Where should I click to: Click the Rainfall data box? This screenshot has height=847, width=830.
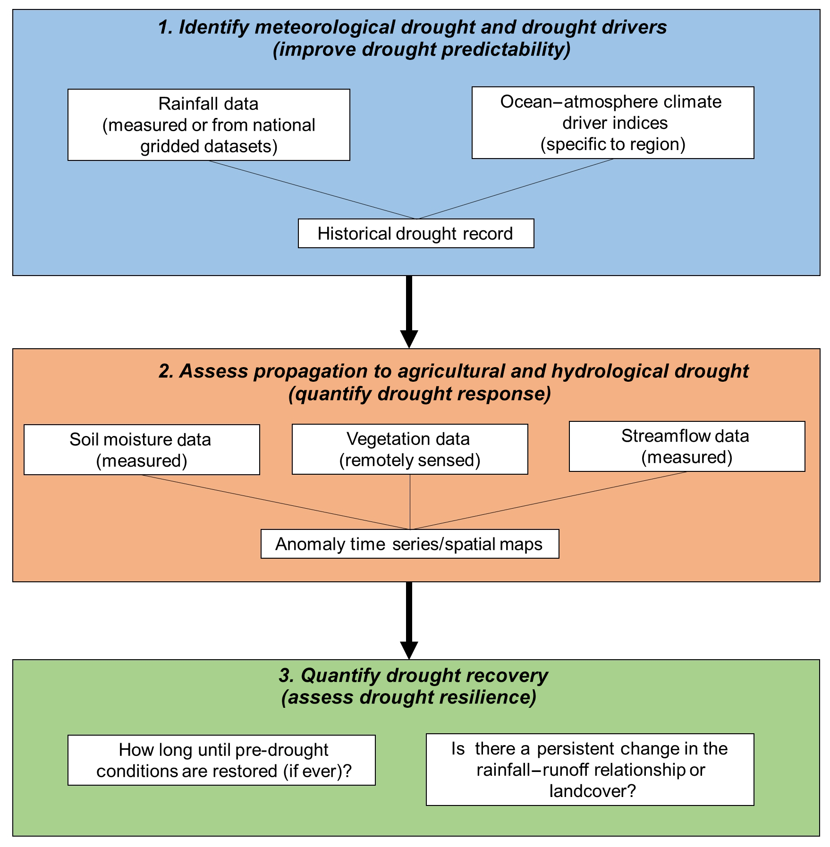click(x=209, y=125)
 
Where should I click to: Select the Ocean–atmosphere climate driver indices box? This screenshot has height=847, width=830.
click(x=612, y=123)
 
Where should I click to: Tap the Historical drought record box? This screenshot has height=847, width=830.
click(x=415, y=234)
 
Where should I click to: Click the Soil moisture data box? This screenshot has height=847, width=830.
click(x=142, y=450)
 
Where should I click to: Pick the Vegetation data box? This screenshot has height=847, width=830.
click(x=410, y=449)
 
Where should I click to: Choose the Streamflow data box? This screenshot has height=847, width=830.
click(x=686, y=446)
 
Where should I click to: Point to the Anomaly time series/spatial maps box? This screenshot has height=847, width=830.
click(x=410, y=544)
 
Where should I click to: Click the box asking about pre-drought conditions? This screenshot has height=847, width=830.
click(x=221, y=760)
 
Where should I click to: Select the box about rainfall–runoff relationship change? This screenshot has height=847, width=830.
click(x=590, y=770)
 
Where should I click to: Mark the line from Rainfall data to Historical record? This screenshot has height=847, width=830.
click(x=312, y=190)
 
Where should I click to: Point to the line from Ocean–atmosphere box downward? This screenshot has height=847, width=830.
click(x=516, y=189)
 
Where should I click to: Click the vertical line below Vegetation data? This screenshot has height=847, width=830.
click(x=410, y=502)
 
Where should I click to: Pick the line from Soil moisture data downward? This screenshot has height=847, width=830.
click(x=276, y=502)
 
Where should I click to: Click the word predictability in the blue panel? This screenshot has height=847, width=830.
click(x=500, y=50)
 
